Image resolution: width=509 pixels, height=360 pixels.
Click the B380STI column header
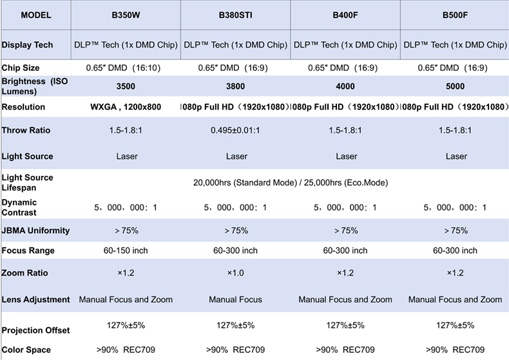point(235,15)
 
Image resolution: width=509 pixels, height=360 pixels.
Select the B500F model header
point(455,15)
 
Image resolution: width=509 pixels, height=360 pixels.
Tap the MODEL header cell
point(36,15)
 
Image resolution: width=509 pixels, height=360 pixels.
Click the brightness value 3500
point(126,86)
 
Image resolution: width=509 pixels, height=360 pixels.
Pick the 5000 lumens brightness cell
point(455,86)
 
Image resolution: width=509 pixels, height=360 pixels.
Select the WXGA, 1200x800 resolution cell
point(126,107)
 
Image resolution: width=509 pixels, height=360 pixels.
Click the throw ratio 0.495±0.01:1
point(235,130)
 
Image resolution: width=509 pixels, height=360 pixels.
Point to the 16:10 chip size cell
point(123,68)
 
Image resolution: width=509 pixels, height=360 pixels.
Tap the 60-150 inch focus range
point(126,251)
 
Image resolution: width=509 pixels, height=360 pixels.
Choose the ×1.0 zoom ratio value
point(235,273)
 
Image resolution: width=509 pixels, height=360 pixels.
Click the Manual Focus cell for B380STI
point(235,299)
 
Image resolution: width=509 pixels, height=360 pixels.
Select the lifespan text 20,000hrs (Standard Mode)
point(245,183)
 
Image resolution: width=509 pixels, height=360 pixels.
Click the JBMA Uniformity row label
point(35,231)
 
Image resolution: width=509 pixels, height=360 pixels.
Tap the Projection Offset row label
point(35,330)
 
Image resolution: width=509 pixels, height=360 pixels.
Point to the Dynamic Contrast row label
point(19,207)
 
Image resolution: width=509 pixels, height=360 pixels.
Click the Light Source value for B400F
point(347,156)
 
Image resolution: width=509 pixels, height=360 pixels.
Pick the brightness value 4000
point(345,86)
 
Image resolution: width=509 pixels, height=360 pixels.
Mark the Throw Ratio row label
point(26,130)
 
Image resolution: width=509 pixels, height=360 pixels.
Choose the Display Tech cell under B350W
point(126,44)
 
